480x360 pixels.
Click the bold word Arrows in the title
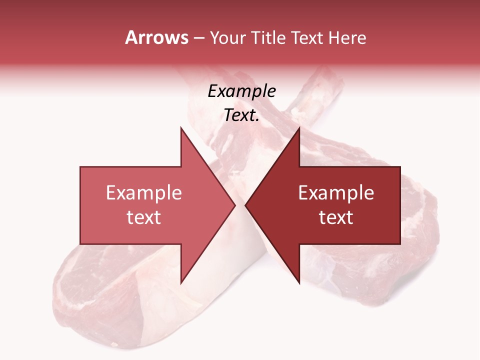tap(157, 37)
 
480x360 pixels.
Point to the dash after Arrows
tap(198, 38)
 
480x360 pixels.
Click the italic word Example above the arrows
tap(241, 91)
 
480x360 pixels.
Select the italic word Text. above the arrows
tap(241, 115)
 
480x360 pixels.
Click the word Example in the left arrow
tap(144, 193)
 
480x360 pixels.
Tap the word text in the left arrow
tap(144, 217)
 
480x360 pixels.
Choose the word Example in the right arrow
tap(336, 193)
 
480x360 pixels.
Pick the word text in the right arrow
tap(336, 217)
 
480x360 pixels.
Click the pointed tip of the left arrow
tap(234, 205)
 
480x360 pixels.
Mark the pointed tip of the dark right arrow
tap(246, 205)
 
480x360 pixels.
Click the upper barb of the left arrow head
tap(181, 130)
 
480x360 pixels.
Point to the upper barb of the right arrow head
tap(298, 130)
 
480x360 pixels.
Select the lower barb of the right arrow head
tap(298, 281)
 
